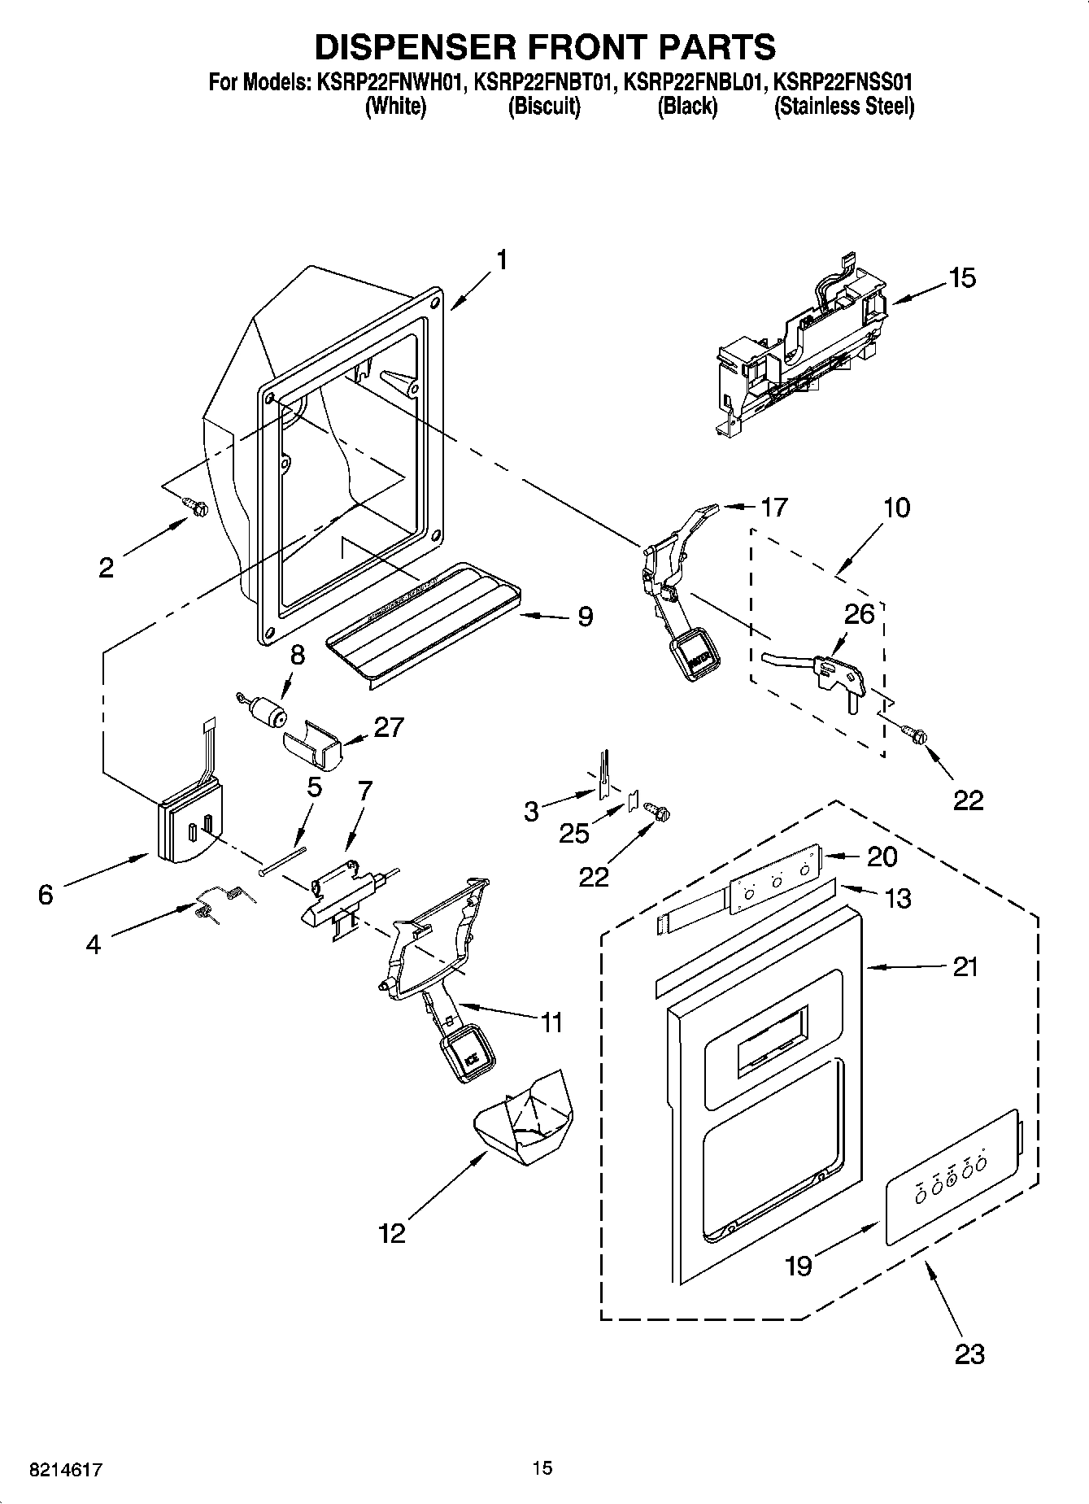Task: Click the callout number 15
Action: pyautogui.click(x=961, y=278)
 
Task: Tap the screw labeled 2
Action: pyautogui.click(x=197, y=507)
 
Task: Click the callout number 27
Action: pyautogui.click(x=388, y=726)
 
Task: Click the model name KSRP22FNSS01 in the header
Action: pyautogui.click(x=843, y=82)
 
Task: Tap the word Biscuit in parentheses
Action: pyautogui.click(x=544, y=107)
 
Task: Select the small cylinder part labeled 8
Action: pyautogui.click(x=267, y=713)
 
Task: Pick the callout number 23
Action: pyautogui.click(x=969, y=1354)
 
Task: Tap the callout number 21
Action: pyautogui.click(x=965, y=967)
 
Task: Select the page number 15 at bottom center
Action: pyautogui.click(x=542, y=1467)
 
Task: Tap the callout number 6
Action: pyautogui.click(x=46, y=895)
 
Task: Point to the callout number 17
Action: pyautogui.click(x=773, y=507)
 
